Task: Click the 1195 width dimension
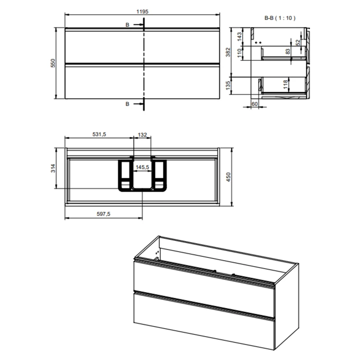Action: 143,12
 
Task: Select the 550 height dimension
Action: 53,63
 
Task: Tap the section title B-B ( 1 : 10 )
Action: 280,18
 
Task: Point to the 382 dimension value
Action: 228,52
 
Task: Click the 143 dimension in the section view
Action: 239,37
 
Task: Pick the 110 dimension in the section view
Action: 239,53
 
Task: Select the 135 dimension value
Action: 228,85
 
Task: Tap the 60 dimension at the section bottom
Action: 254,104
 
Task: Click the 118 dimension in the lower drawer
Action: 286,84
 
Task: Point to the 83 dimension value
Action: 288,52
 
